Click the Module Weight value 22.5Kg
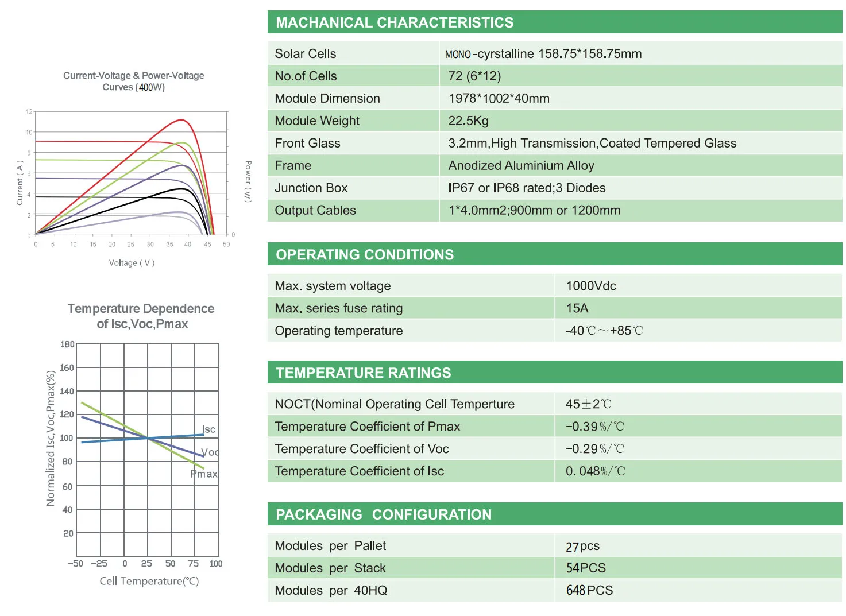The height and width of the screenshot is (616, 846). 468,121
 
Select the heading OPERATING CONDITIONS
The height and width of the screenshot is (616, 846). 365,255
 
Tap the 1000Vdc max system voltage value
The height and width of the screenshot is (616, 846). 591,286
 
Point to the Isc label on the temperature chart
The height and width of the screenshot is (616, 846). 208,429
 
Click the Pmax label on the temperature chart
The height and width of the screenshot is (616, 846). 204,474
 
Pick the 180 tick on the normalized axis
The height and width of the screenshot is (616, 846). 67,344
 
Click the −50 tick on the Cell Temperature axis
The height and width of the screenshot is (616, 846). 75,564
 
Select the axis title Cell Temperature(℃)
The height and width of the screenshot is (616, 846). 149,581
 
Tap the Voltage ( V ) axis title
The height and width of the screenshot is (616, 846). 132,263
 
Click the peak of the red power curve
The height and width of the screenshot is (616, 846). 181,120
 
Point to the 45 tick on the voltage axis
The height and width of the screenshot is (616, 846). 207,245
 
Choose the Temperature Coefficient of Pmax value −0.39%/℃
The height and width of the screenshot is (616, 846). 594,427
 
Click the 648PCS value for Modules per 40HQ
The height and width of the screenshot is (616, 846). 589,591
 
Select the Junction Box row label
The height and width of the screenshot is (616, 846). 311,188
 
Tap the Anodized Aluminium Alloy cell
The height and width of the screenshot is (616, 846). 521,166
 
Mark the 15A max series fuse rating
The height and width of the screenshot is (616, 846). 577,308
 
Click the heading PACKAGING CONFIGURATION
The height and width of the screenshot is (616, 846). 384,514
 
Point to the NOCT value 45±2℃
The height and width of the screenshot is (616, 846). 588,404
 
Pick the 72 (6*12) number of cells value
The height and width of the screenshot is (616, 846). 474,76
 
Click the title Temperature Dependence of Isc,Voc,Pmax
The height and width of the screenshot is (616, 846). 141,316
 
